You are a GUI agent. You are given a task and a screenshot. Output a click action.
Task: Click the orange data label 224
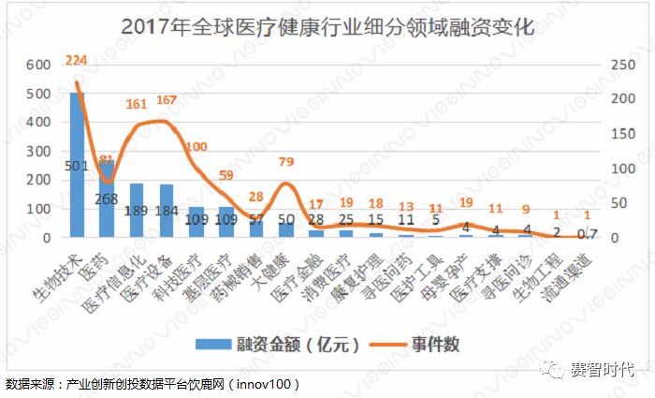77,61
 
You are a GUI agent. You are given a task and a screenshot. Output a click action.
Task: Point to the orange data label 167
166,100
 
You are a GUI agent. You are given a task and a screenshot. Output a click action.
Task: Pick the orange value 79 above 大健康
286,160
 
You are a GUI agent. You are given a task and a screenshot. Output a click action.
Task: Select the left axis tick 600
37,65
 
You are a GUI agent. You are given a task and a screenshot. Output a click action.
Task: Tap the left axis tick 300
37,151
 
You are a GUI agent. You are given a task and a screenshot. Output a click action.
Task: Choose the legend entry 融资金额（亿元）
281,344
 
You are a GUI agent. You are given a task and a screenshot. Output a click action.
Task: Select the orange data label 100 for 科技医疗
196,147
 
